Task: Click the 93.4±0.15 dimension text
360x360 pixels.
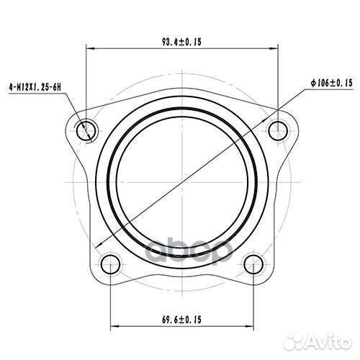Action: (181, 42)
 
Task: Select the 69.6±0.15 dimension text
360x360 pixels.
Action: (181, 320)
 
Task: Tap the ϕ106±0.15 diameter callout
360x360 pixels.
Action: (332, 83)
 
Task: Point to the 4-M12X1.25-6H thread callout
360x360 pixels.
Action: (35, 87)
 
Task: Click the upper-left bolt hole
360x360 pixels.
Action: (86, 131)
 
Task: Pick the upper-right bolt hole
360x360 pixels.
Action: (278, 131)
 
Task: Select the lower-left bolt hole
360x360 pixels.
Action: (110, 264)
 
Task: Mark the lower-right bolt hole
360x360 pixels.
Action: (253, 264)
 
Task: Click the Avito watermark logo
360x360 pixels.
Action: (318, 341)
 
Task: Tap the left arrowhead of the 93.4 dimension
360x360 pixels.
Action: (90, 49)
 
